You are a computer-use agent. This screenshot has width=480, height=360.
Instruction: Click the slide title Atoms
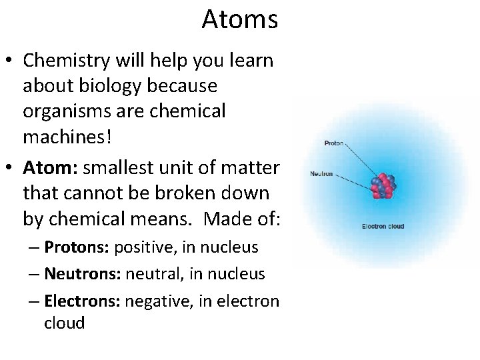click(x=239, y=19)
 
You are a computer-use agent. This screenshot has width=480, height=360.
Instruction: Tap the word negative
click(x=155, y=301)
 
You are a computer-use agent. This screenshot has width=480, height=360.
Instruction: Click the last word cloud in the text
click(x=64, y=323)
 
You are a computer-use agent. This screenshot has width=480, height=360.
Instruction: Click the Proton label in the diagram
click(x=333, y=143)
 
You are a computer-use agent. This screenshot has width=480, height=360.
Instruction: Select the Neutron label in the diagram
click(x=321, y=174)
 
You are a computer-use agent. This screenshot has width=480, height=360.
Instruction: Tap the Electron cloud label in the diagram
click(x=383, y=227)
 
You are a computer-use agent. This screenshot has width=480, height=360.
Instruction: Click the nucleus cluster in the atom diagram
click(x=382, y=186)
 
